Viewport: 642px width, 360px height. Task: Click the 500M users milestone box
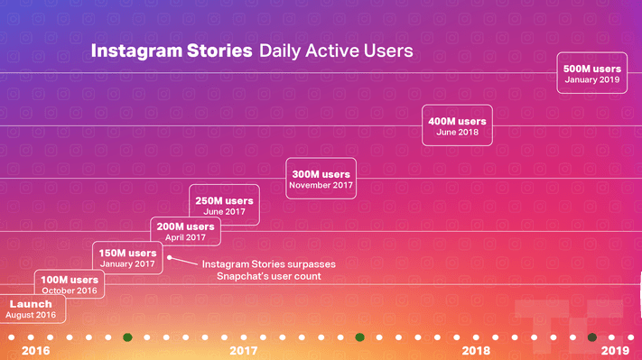point(592,74)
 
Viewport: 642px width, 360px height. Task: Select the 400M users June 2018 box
point(457,126)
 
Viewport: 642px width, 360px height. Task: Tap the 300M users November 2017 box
point(321,179)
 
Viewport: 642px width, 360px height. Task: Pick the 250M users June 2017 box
point(224,205)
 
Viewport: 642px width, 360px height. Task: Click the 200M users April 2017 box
point(185,231)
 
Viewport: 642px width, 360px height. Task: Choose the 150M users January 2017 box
point(128,258)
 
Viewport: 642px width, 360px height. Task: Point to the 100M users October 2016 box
point(70,284)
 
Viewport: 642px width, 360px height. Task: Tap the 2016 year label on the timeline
point(35,350)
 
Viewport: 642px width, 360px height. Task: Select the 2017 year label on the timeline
point(244,350)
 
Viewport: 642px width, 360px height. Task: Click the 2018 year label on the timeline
point(476,350)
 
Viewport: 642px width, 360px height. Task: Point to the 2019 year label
point(615,350)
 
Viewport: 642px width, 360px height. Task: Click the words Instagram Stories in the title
point(172,51)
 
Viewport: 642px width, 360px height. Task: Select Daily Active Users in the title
point(336,51)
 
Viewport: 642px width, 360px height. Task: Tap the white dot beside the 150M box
point(169,257)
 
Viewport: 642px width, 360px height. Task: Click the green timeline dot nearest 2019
point(592,337)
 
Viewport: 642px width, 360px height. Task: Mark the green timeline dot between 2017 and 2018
point(359,337)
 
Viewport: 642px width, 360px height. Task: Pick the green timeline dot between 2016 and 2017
point(127,337)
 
